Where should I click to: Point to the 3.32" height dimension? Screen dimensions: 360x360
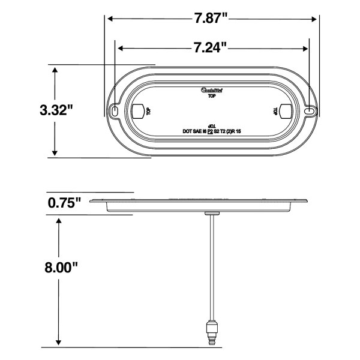tap(56, 110)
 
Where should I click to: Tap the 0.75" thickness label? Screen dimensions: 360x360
tap(64, 203)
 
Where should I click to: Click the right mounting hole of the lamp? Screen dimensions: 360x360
tap(309, 112)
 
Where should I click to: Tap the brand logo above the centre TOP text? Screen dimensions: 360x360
tap(212, 89)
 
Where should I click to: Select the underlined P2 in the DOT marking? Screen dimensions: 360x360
tap(211, 130)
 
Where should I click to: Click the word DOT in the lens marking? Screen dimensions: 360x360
tap(187, 130)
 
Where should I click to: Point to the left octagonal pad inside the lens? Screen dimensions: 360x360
tap(137, 111)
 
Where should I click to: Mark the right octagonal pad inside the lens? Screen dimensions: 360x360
tap(286, 111)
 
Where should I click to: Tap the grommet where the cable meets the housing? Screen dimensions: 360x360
tap(211, 214)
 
